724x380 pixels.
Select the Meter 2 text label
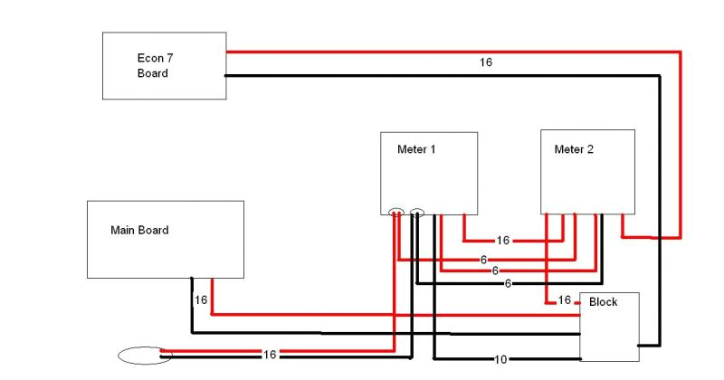click(x=574, y=148)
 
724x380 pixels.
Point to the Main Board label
click(x=139, y=230)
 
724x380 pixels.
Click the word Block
click(x=603, y=301)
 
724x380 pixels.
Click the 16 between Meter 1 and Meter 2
click(x=503, y=242)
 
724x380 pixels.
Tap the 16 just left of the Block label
click(x=564, y=299)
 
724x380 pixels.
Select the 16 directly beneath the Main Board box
click(x=201, y=299)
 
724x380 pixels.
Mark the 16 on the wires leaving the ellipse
click(x=270, y=354)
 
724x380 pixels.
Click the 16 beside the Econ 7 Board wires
click(x=487, y=63)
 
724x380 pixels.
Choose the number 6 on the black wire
click(x=509, y=283)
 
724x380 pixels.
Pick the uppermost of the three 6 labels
click(x=484, y=259)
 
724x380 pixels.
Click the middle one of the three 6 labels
click(x=496, y=271)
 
